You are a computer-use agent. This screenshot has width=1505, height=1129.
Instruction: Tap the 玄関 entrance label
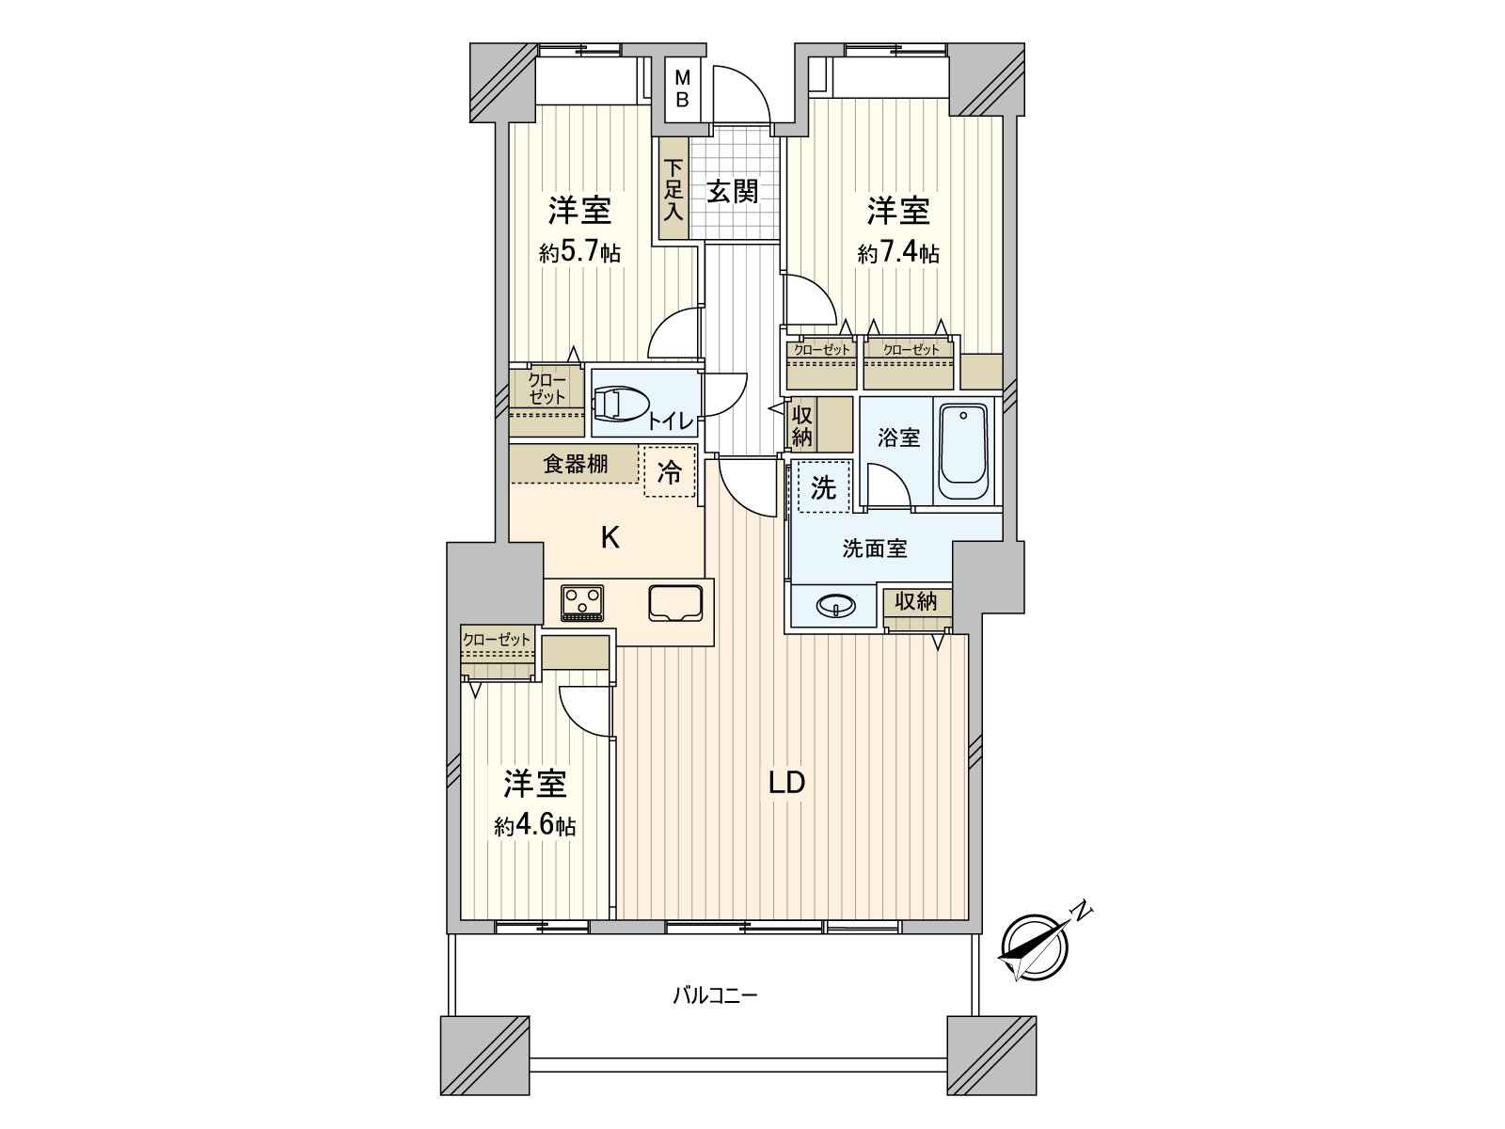(x=733, y=192)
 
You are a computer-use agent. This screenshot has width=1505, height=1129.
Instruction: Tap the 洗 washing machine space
(x=823, y=487)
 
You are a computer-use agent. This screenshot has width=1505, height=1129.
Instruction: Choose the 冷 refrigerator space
(x=670, y=471)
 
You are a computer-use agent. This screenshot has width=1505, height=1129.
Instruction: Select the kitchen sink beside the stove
(x=674, y=602)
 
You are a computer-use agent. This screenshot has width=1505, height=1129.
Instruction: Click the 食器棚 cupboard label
(x=575, y=463)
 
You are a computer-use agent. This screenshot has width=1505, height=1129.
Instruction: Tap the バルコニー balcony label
(x=715, y=994)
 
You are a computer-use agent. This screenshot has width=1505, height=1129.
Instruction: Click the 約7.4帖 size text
(x=897, y=253)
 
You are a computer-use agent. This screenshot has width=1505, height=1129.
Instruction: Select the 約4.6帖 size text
(x=535, y=826)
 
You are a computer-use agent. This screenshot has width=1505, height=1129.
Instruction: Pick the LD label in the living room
(x=786, y=782)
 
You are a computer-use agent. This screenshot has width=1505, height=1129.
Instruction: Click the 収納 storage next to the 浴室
(x=802, y=424)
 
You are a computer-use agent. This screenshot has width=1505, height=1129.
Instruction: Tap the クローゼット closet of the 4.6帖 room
(x=497, y=640)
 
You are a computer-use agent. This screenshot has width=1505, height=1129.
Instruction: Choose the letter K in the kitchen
(x=610, y=538)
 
